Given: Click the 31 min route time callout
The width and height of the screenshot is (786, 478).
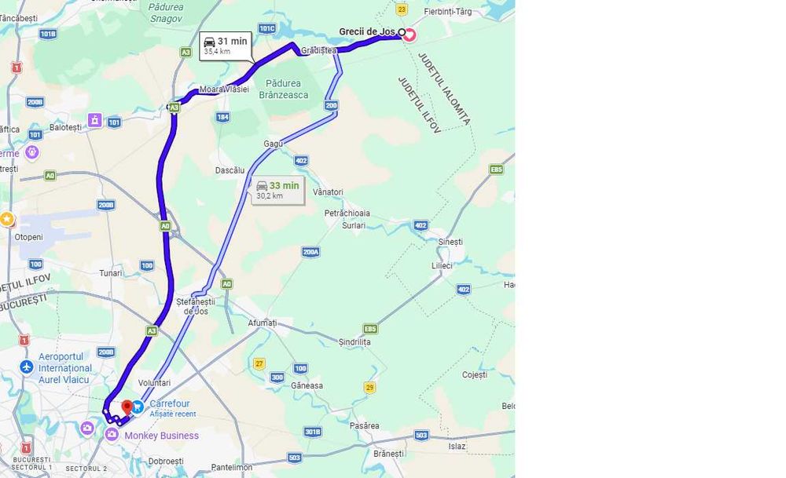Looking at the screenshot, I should (x=226, y=46).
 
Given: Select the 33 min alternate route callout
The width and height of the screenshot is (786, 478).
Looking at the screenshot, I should (x=278, y=190).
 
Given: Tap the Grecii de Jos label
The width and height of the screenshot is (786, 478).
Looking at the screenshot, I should (x=368, y=32).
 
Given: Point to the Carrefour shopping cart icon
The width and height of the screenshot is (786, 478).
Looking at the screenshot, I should (x=138, y=407).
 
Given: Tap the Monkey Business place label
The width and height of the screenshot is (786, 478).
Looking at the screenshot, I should (x=162, y=436).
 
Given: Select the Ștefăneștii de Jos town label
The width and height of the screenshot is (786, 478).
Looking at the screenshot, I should (x=195, y=305).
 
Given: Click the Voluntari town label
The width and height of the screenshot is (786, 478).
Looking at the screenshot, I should (x=154, y=383).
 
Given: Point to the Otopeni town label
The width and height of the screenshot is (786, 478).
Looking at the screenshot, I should (x=28, y=237).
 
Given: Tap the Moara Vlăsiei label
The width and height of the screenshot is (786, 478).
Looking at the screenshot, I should (x=224, y=89).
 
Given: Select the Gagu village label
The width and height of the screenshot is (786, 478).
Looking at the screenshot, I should (x=273, y=144).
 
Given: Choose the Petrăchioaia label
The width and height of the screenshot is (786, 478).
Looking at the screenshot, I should (x=347, y=213).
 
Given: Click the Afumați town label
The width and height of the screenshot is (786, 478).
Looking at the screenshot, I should (x=262, y=323).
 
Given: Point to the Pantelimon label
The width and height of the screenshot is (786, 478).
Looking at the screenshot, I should (x=232, y=467).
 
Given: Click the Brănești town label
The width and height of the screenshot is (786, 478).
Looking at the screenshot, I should (x=388, y=453).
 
